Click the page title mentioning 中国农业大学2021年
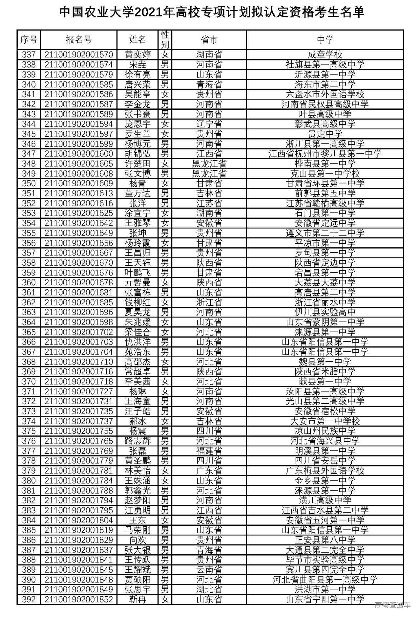click(212, 12)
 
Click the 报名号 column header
click(78, 40)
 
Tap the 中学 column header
click(325, 40)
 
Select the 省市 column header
click(209, 40)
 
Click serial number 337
click(29, 55)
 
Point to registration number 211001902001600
click(78, 154)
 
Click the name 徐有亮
click(137, 75)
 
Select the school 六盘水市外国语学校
click(325, 94)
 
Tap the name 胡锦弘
click(137, 154)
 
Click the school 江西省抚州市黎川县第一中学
click(325, 154)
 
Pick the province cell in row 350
click(209, 183)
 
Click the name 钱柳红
click(137, 302)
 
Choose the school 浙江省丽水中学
click(325, 302)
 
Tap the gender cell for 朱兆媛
click(165, 322)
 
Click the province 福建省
click(209, 451)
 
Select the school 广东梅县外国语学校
click(325, 471)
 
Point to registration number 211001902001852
click(78, 599)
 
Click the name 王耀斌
click(137, 569)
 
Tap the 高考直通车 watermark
click(392, 605)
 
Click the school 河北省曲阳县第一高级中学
click(325, 580)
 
